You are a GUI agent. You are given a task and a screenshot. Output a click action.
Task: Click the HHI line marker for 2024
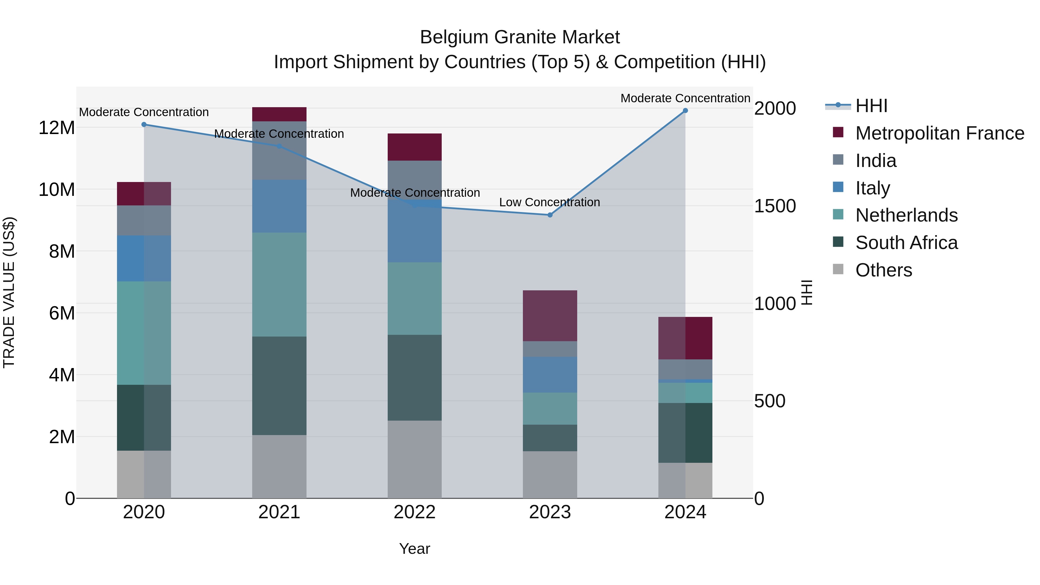(x=685, y=111)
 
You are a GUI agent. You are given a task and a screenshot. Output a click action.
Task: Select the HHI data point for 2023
(x=550, y=215)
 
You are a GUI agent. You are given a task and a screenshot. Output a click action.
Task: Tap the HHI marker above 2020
(x=144, y=125)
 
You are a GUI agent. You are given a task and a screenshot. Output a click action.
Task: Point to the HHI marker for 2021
(x=279, y=146)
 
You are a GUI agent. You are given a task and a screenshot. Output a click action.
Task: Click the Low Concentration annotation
(x=549, y=202)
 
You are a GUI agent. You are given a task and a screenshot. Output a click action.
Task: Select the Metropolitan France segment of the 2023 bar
(x=550, y=316)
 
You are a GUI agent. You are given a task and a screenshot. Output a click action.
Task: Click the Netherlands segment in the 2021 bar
(x=279, y=284)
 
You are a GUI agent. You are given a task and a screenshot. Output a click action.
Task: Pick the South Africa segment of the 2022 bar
(x=415, y=378)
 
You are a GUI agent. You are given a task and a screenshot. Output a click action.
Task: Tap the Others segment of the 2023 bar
(x=550, y=474)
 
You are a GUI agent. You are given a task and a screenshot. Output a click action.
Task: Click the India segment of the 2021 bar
(x=279, y=151)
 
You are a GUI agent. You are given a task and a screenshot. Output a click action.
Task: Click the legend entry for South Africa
(x=906, y=243)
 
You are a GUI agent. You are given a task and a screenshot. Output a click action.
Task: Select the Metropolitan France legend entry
(x=939, y=133)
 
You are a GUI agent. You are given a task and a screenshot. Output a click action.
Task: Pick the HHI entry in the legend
(x=871, y=106)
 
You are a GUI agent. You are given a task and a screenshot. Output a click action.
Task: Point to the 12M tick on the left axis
(x=57, y=128)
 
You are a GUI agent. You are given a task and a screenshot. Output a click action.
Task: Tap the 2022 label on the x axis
(x=415, y=512)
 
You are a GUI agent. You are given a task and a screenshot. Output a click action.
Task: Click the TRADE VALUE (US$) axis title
(x=9, y=292)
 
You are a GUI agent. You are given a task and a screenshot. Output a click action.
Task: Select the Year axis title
(x=415, y=549)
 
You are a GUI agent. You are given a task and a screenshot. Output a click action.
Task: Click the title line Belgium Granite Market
(x=520, y=37)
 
